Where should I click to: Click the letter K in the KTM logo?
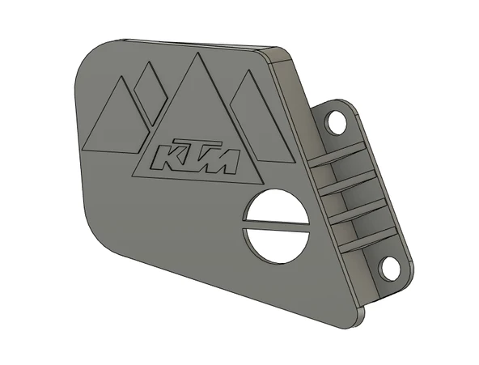point(167,155)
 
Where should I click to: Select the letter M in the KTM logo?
point(223,160)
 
